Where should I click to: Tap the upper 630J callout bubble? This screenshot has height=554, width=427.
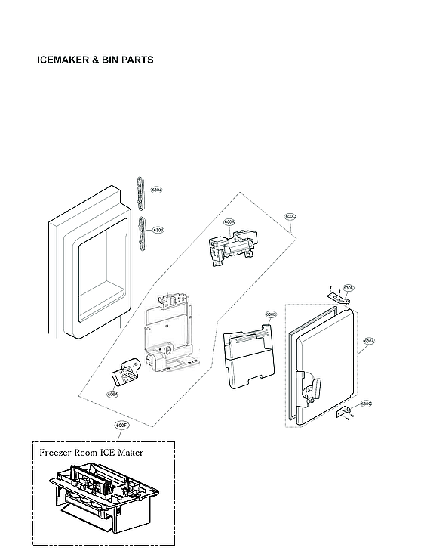tap(157, 190)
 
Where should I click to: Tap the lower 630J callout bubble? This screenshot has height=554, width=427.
tap(158, 230)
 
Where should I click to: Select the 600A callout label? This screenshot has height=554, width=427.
tap(229, 222)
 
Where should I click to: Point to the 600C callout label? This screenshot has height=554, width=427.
tap(290, 217)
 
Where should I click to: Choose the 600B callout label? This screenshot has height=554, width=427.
tap(271, 314)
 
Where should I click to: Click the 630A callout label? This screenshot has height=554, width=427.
tap(368, 341)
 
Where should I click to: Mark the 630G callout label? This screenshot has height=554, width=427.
tap(366, 404)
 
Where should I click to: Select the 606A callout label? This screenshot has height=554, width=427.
tap(112, 393)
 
